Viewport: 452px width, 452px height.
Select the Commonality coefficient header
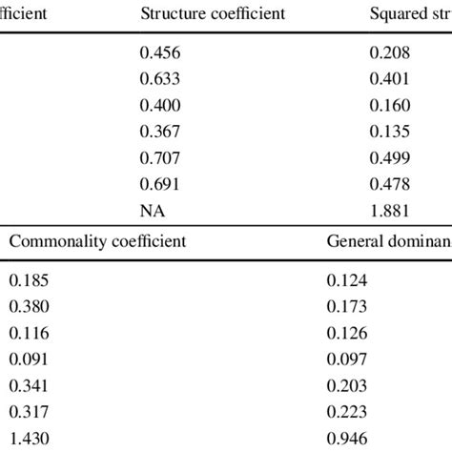(x=97, y=240)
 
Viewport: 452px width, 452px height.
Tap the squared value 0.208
(x=390, y=54)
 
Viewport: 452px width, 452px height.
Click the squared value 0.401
(x=390, y=79)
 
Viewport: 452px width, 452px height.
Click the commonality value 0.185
(x=28, y=280)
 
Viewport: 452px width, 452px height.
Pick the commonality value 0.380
(x=28, y=307)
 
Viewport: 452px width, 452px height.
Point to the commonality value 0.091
(x=28, y=360)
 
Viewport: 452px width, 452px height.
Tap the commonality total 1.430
(x=28, y=439)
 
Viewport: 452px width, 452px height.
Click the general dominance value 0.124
(x=347, y=280)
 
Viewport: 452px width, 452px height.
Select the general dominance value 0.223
(x=347, y=412)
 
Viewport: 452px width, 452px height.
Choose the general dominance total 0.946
(x=347, y=439)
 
